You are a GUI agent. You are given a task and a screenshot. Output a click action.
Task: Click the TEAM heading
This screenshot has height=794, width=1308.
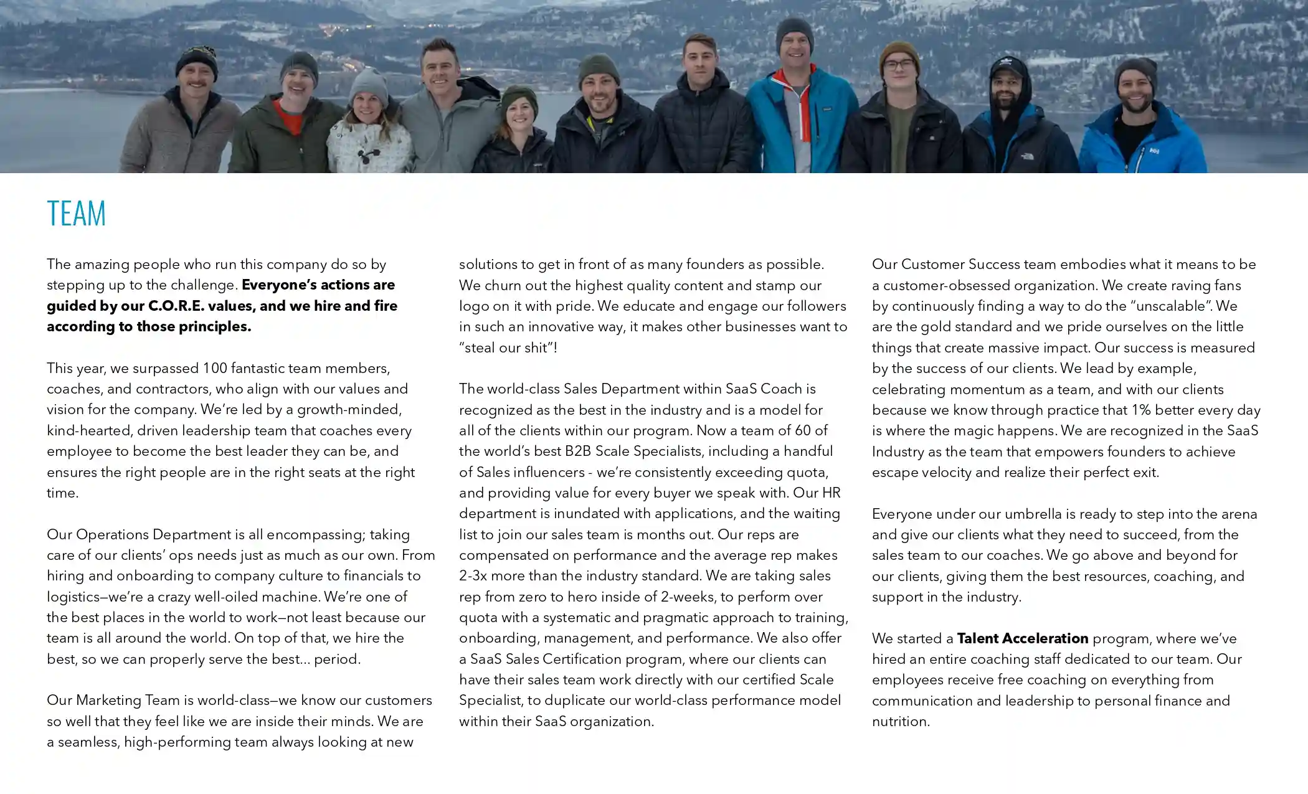click(76, 214)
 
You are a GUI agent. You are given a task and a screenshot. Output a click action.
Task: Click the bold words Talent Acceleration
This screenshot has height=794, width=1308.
click(1022, 638)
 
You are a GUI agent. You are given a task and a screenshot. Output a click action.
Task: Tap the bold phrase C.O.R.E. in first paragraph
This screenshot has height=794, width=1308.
click(176, 306)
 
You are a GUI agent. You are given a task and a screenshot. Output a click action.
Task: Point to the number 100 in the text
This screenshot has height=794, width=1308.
click(215, 368)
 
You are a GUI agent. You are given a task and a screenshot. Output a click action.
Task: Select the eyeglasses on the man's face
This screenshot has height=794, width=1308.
click(898, 65)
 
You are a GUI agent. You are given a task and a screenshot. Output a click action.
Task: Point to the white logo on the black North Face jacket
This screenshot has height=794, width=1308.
click(1026, 156)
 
